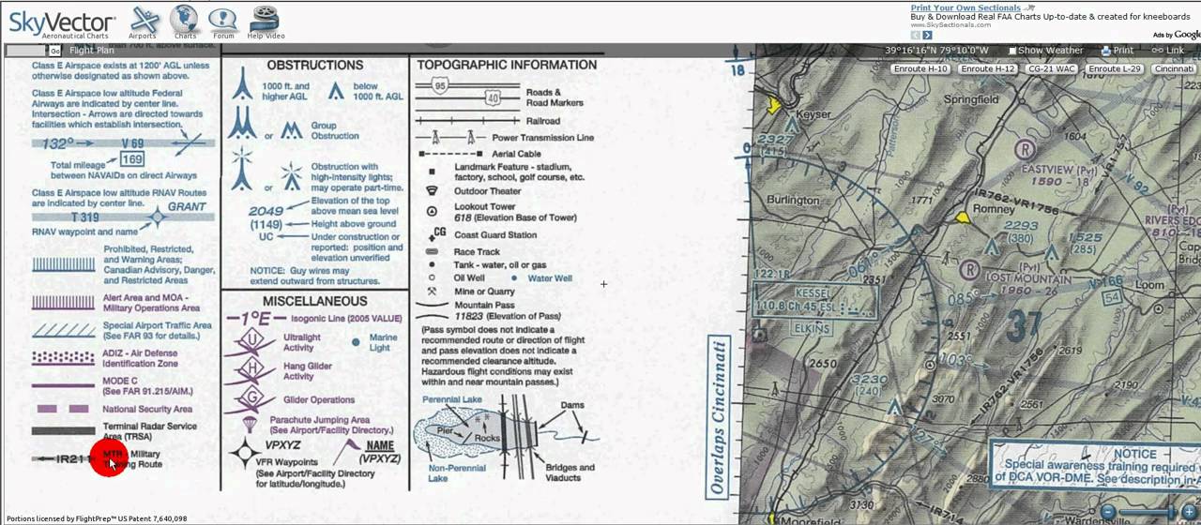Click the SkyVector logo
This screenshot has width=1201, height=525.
[x=61, y=22]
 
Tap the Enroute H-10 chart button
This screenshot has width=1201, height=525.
[x=920, y=69]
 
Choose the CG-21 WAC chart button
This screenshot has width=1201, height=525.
[x=1051, y=69]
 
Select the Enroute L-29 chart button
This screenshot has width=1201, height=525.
[x=1114, y=69]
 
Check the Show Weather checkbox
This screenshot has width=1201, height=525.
[x=1012, y=51]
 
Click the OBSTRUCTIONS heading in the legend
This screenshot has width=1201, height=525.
[x=314, y=66]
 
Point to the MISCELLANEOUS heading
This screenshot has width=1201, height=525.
[x=314, y=301]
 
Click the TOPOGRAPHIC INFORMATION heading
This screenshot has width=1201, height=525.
[x=507, y=66]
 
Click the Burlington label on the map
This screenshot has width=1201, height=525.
[x=793, y=200]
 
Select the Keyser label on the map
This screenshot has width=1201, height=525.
[x=813, y=114]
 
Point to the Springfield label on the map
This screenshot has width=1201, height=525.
[x=971, y=99]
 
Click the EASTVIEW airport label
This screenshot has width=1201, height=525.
[x=1046, y=170]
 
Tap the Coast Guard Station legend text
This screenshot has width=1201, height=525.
[x=495, y=235]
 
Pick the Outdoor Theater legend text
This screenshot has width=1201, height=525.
[x=487, y=191]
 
